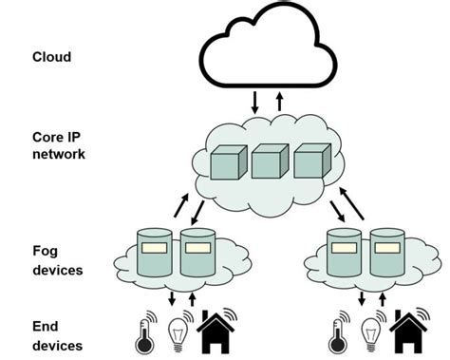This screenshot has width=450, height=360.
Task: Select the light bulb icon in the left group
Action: pyautogui.click(x=177, y=332)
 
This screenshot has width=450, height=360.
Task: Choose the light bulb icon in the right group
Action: pyautogui.click(x=370, y=332)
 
